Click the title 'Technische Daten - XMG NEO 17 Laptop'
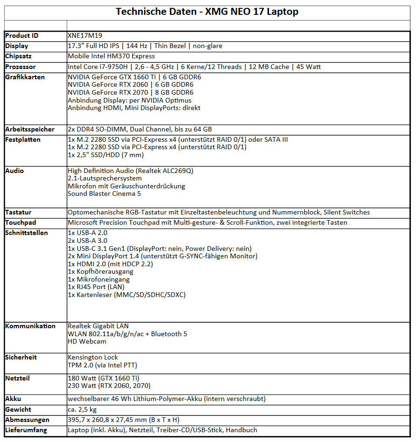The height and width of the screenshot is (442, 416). [x=207, y=12]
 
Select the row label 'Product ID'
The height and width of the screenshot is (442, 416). [x=22, y=36]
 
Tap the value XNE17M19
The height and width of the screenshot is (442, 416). [x=84, y=36]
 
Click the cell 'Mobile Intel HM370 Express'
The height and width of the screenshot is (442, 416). [x=111, y=56]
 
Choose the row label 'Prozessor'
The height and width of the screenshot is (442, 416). [x=20, y=67]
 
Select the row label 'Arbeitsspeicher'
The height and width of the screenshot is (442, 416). [x=30, y=129]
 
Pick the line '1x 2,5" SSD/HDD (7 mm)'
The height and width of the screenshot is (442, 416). [x=106, y=155]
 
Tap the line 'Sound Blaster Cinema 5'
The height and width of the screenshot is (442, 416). [x=104, y=193]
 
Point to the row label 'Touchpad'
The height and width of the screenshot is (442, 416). [x=20, y=222]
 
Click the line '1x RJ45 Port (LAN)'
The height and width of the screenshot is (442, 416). [x=96, y=287]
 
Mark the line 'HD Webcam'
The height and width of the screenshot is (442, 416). [x=87, y=342]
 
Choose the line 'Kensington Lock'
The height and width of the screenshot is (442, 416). [x=93, y=357]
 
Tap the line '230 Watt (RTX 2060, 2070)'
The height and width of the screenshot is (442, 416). [x=109, y=386]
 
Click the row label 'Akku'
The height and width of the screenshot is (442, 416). [x=13, y=399]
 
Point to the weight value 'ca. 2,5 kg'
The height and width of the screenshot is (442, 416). [x=82, y=409]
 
